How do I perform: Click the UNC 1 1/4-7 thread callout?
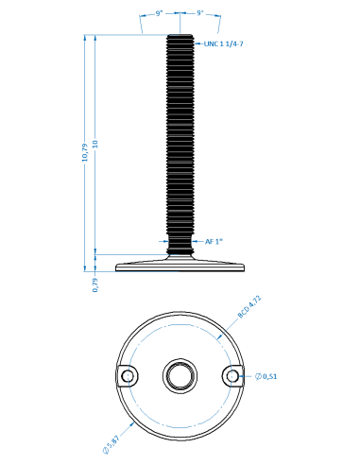pos(224,43)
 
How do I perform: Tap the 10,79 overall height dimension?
pos(85,153)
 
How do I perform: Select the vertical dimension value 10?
pos(95,145)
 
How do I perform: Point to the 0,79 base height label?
pos(95,284)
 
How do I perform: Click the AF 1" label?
pos(214,242)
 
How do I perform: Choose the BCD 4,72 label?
pos(249,306)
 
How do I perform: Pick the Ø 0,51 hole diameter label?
pos(266,376)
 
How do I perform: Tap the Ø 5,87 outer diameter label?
pos(111,444)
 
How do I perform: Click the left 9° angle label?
pos(159,13)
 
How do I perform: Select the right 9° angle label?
pos(200,13)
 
